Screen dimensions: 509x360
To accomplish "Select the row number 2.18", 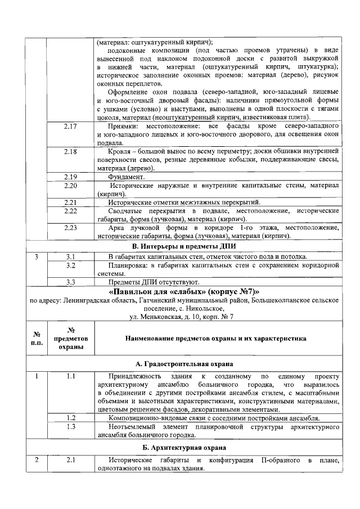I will [x=70, y=152].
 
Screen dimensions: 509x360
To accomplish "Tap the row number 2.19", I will [x=70, y=177].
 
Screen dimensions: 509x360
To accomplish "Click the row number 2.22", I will [x=70, y=210].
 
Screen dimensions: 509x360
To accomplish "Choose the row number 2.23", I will [x=70, y=227].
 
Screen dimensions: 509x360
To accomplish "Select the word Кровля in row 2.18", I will [x=119, y=152].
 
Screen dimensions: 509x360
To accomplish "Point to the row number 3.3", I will [x=70, y=282].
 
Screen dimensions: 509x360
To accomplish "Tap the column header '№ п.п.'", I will [x=36, y=339].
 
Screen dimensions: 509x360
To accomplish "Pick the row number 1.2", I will [x=70, y=418].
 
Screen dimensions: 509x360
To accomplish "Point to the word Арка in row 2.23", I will [x=118, y=227].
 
